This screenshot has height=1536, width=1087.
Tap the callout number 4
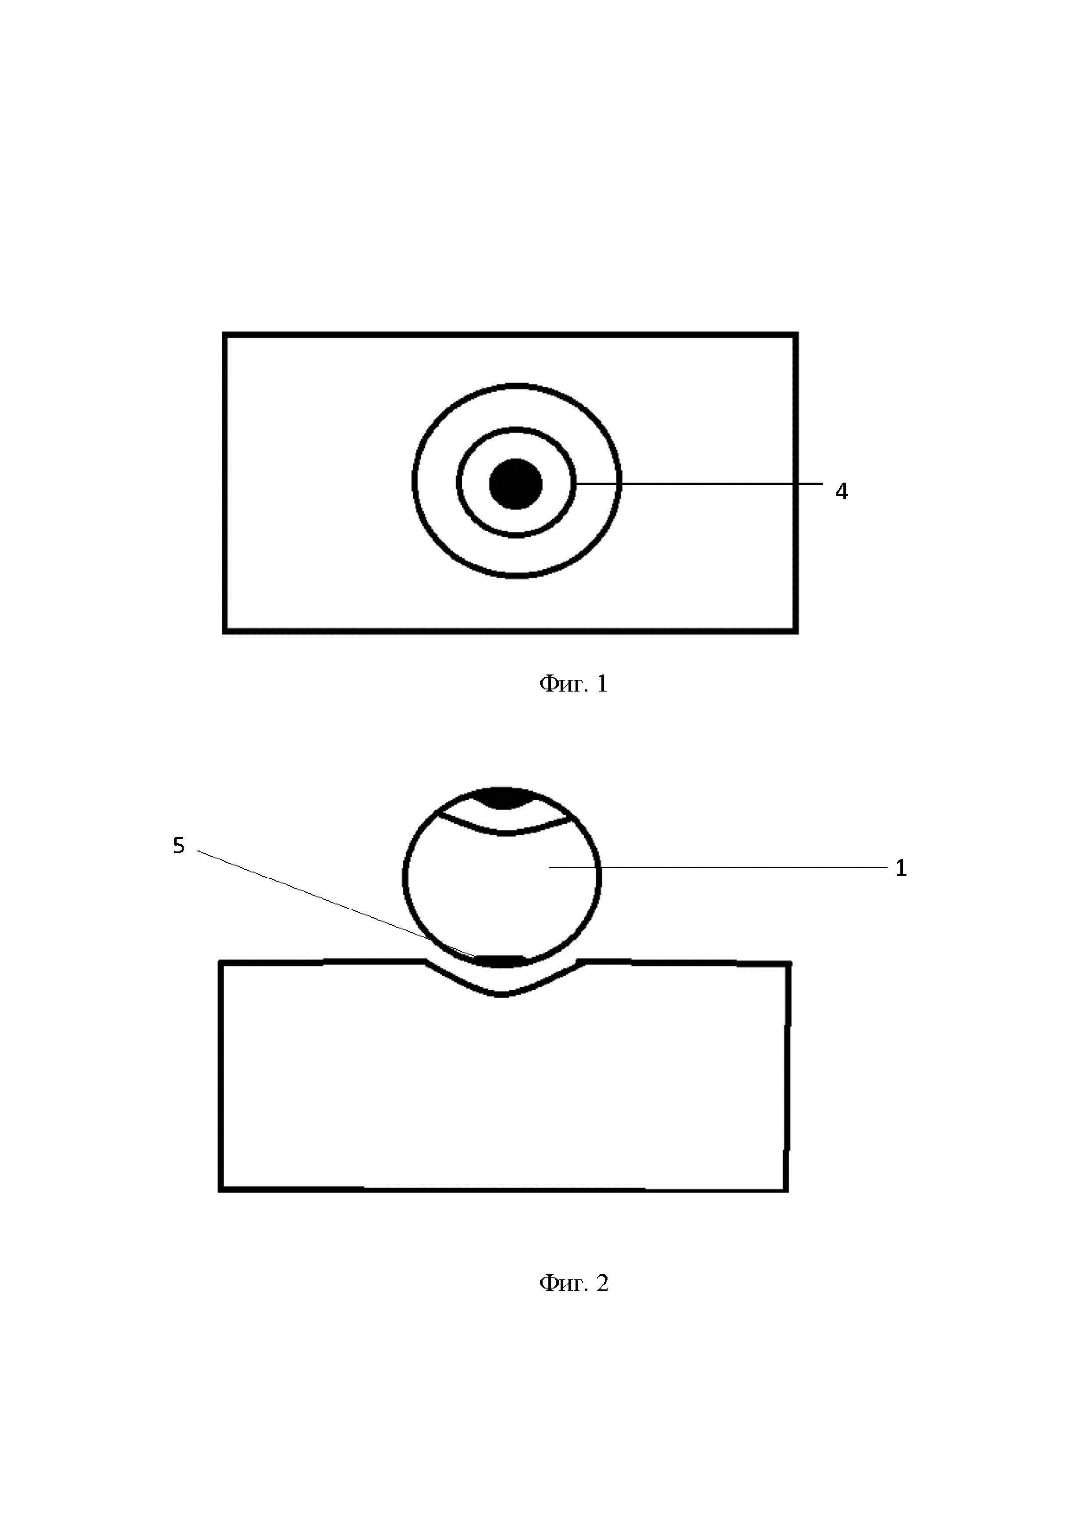click(842, 492)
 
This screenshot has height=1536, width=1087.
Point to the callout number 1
click(901, 869)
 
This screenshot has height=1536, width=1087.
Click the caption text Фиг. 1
click(573, 684)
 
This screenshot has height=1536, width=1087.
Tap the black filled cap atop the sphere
click(503, 798)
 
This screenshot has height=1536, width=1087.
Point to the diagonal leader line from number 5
click(335, 903)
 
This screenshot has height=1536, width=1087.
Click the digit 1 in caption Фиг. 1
click(602, 684)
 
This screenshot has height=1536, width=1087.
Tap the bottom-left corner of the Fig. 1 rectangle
click(225, 630)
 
